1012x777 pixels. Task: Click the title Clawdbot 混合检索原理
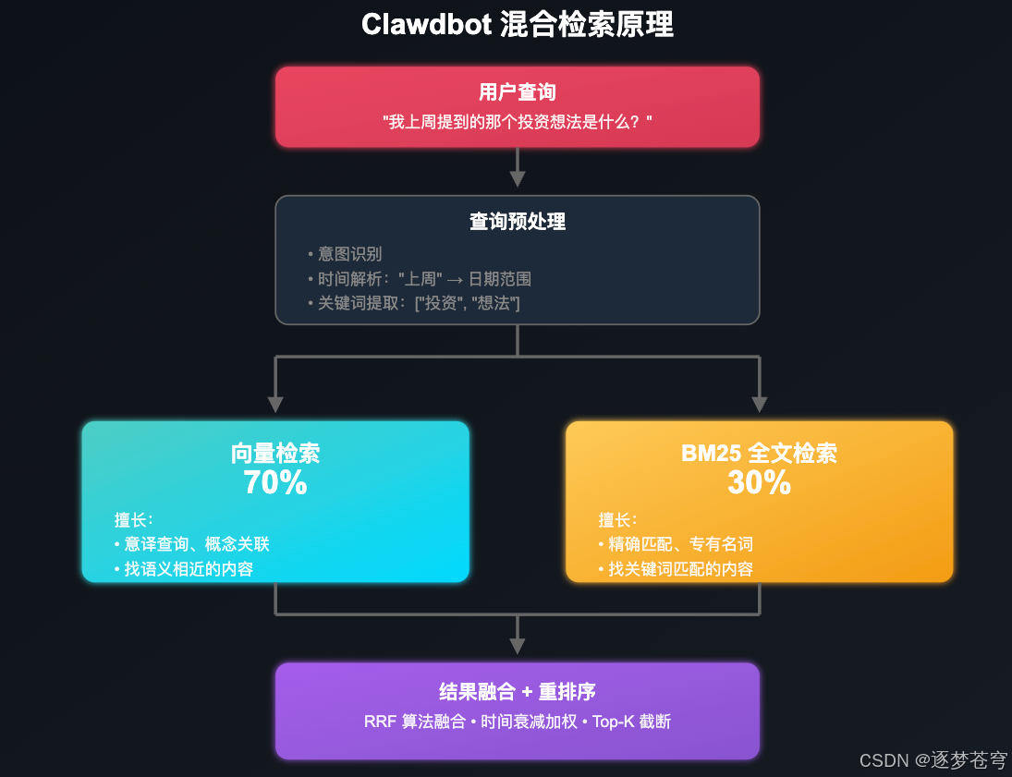(x=517, y=25)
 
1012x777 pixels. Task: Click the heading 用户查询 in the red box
(x=517, y=92)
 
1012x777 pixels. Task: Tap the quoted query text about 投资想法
(x=517, y=121)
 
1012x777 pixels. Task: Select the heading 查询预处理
(x=517, y=222)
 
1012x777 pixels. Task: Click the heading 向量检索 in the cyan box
(x=275, y=454)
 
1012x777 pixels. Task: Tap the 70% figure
(x=275, y=482)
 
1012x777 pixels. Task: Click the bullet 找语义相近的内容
(x=189, y=568)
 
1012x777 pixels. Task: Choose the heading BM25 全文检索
(x=759, y=454)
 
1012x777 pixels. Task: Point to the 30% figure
(x=759, y=482)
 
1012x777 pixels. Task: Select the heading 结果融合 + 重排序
(x=517, y=693)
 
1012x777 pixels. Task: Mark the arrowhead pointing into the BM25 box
(x=760, y=405)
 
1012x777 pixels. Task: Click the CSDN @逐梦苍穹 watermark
(x=933, y=759)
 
